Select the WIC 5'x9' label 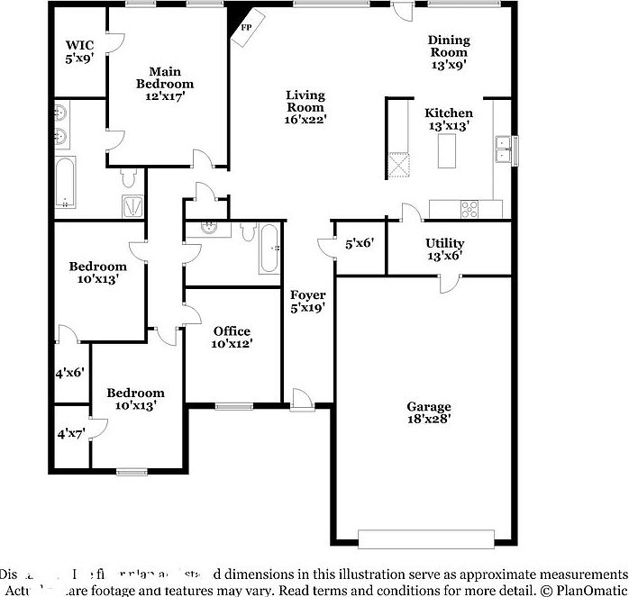click(80, 51)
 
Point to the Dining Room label click(448, 51)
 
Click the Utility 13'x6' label click(444, 249)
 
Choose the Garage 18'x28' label click(428, 412)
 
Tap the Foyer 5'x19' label click(307, 301)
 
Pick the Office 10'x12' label click(232, 337)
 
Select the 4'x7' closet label click(70, 433)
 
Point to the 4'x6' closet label click(70, 371)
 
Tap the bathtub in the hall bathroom click(269, 248)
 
